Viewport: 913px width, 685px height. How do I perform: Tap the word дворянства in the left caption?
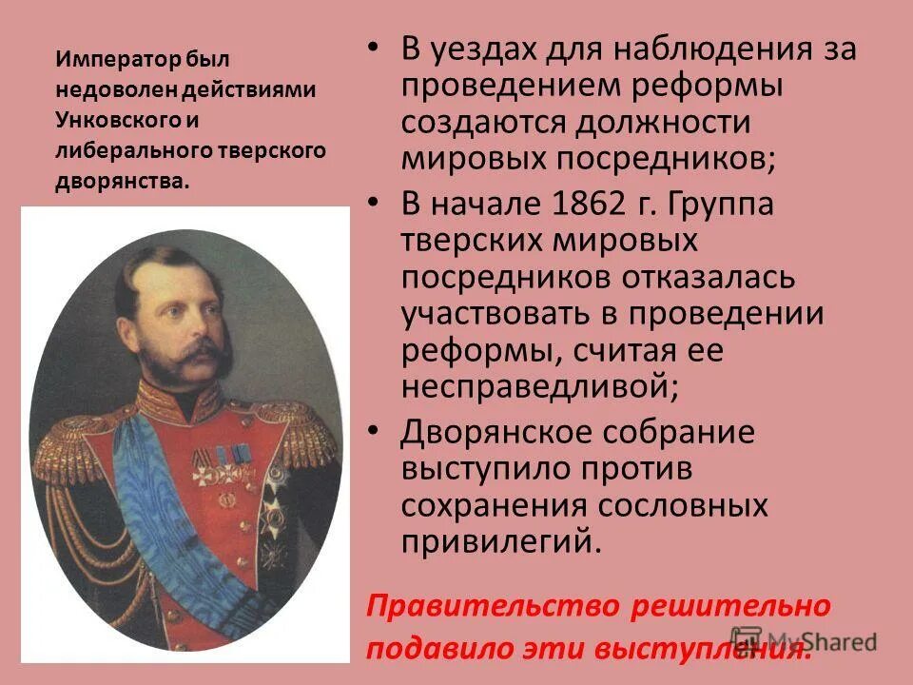coord(123,181)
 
